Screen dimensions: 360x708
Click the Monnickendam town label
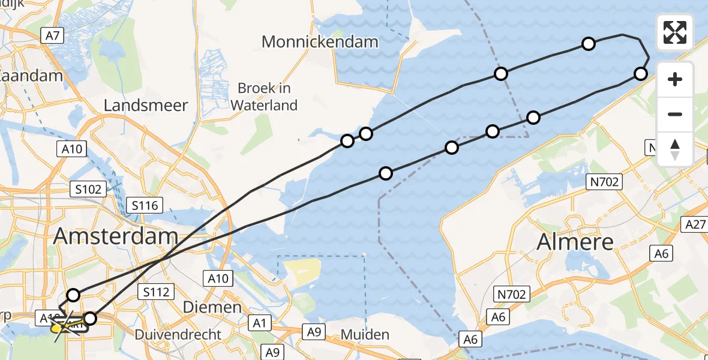coord(320,42)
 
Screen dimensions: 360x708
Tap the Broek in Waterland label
coord(264,97)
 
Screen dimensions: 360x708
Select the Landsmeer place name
coord(146,106)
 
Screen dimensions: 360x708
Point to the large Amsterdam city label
coord(116,236)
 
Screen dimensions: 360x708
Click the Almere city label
coord(575,242)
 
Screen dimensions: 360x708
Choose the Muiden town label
coord(364,334)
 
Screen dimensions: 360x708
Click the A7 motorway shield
coord(52,36)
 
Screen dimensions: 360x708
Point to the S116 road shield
coord(145,206)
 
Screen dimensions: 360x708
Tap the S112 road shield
coord(156,292)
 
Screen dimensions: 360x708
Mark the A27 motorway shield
coord(695,224)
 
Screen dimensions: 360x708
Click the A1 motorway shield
coord(260,323)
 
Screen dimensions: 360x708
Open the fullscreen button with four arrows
coord(675,32)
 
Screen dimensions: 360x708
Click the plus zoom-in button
coord(675,79)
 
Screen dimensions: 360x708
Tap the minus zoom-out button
coord(675,114)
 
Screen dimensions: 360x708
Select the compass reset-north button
coord(675,149)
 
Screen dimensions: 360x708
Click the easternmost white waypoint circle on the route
coord(641,74)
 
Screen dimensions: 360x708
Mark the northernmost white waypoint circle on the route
coord(589,43)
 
